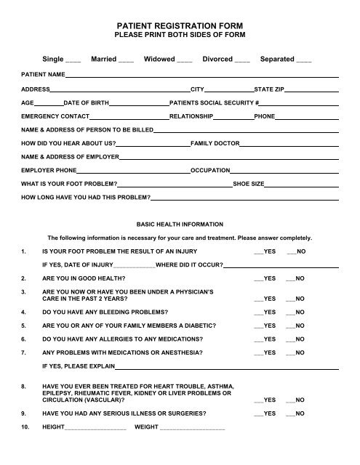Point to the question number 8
coord(24,387)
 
